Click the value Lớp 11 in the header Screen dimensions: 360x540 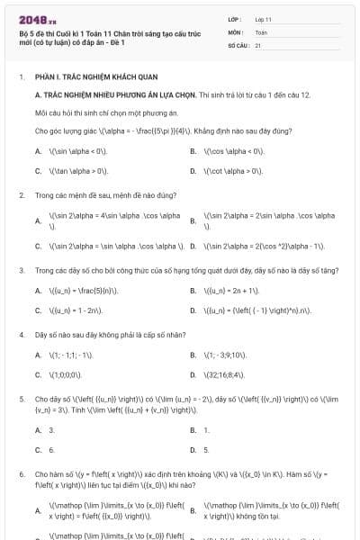(263, 19)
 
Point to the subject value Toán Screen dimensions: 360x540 (261, 31)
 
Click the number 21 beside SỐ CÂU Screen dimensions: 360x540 (258, 44)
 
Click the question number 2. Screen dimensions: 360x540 (21, 194)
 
